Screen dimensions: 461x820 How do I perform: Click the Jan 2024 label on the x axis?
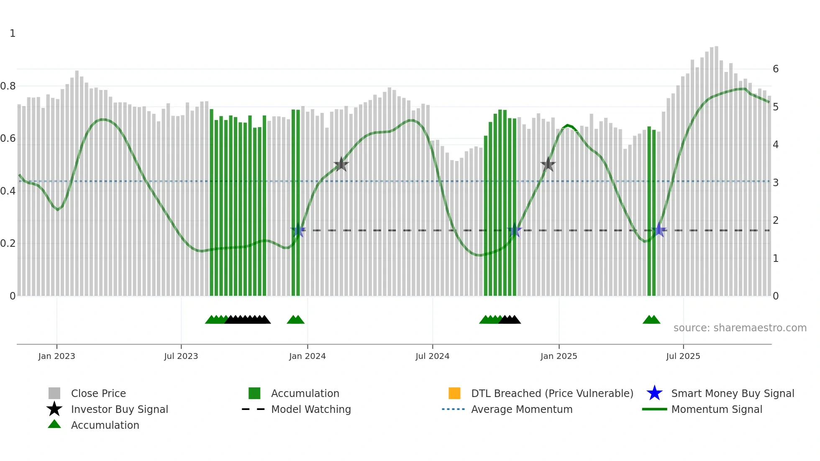(x=307, y=356)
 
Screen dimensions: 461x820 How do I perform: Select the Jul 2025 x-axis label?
(x=683, y=356)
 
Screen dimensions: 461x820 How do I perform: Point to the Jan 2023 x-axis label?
(x=56, y=356)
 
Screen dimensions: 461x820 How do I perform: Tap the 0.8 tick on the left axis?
(x=8, y=86)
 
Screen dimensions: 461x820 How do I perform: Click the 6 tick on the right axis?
(x=776, y=69)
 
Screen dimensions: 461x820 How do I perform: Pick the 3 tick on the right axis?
(x=776, y=183)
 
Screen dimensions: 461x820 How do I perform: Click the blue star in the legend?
(x=654, y=393)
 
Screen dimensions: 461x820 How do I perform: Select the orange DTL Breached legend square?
(x=454, y=393)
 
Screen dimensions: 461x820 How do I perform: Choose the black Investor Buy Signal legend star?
(x=54, y=409)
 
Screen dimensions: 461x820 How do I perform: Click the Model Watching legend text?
(x=311, y=409)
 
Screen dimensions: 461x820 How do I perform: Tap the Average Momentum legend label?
(x=522, y=409)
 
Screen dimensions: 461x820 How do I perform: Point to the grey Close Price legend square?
(x=54, y=393)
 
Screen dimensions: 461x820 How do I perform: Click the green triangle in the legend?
(x=54, y=424)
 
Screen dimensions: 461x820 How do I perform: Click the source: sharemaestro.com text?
(x=740, y=328)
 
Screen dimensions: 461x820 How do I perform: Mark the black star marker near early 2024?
(x=341, y=164)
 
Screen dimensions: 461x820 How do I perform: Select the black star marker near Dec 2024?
(x=548, y=164)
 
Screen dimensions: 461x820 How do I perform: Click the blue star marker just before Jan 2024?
(x=298, y=230)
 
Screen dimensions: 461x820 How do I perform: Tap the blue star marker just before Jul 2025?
(x=659, y=230)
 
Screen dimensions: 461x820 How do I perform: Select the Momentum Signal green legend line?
(x=654, y=409)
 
